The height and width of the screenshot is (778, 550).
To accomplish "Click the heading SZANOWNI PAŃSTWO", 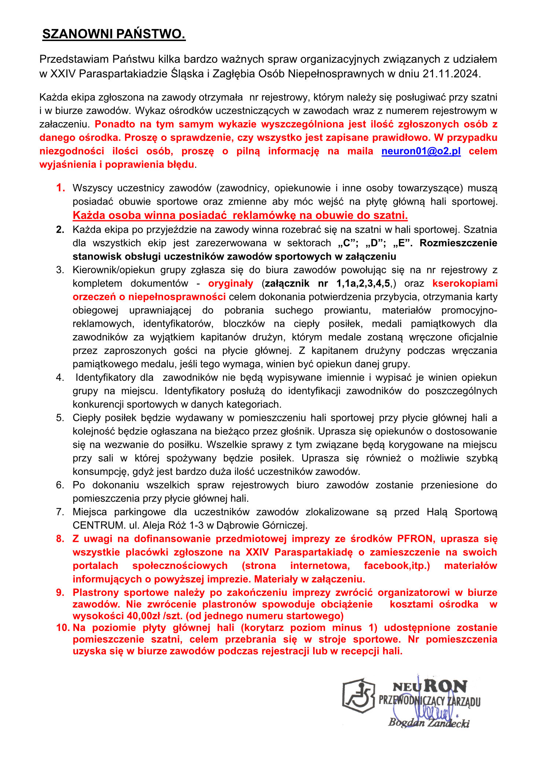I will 114,34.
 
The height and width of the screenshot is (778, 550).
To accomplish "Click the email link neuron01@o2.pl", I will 421,151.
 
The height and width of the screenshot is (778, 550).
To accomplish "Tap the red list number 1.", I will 60,188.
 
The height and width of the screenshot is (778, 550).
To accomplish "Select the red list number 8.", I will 60,539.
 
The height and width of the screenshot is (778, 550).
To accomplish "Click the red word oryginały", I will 231,283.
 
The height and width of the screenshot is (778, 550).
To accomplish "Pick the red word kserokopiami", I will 465,283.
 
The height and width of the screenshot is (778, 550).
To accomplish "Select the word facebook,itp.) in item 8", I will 397,565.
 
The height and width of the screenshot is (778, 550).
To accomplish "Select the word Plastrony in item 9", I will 96,592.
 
